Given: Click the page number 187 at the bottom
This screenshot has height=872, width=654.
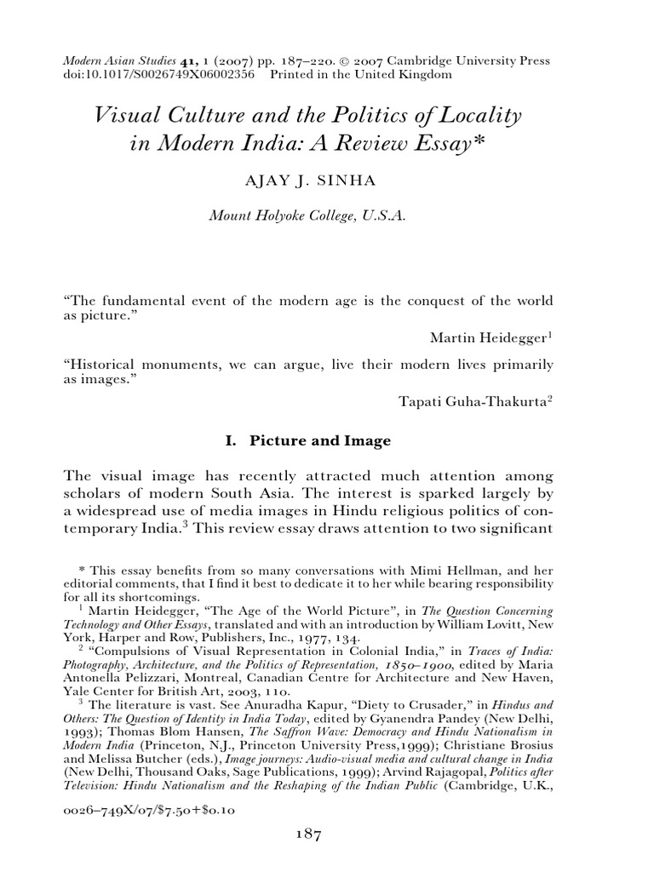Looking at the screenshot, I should click(303, 836).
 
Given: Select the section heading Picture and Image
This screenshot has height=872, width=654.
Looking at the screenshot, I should click(319, 441).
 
